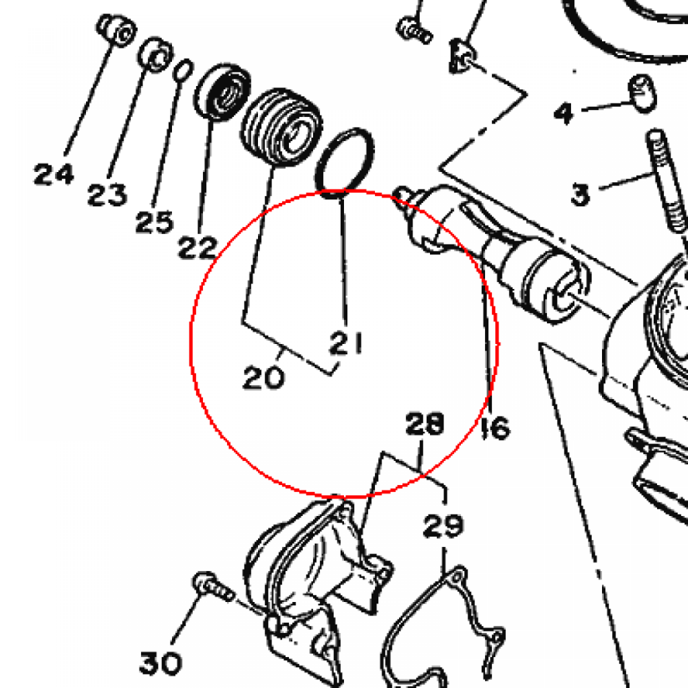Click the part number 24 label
[x=54, y=175]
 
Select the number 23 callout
[x=107, y=195]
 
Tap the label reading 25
[x=154, y=222]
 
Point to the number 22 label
[x=198, y=249]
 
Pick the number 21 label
[x=347, y=343]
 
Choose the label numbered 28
[x=425, y=424]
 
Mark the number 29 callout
[x=443, y=526]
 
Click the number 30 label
[x=161, y=663]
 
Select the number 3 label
[x=580, y=195]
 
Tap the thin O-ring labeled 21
[x=345, y=161]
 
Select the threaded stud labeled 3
[x=665, y=181]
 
